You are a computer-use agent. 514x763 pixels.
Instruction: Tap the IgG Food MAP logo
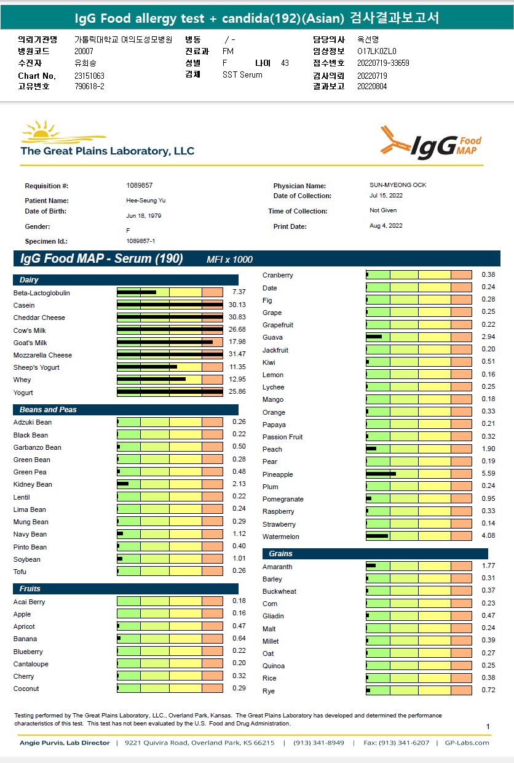[430, 143]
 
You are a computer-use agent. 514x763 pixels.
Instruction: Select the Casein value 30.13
[237, 305]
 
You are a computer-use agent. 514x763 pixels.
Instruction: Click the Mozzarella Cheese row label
[42, 355]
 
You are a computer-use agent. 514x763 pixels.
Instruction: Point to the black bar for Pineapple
[381, 474]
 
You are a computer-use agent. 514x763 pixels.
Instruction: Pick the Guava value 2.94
[488, 337]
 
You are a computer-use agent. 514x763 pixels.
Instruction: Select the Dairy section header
[30, 280]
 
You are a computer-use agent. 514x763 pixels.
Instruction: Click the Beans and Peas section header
[48, 410]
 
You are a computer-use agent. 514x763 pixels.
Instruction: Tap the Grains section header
[280, 554]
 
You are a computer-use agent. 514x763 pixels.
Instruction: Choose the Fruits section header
[30, 589]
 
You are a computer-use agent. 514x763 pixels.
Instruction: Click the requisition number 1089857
[140, 185]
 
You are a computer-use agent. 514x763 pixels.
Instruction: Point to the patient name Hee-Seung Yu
[141, 201]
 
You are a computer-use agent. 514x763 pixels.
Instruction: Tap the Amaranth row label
[277, 567]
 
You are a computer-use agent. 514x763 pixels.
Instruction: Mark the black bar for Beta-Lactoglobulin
[136, 292]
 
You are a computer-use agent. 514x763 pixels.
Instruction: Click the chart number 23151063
[89, 76]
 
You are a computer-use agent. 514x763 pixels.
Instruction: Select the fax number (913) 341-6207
[397, 743]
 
